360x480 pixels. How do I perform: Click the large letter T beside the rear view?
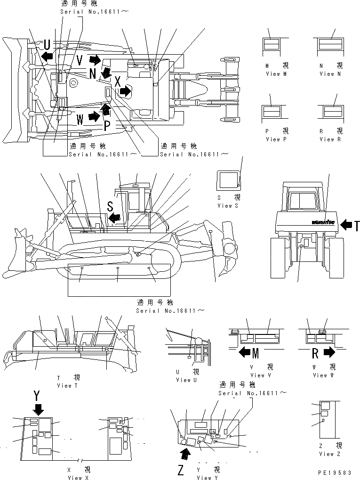(x=357, y=226)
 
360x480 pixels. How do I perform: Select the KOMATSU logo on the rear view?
(x=322, y=222)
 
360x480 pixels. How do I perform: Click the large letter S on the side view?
(x=110, y=206)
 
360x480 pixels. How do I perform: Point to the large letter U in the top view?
(x=47, y=45)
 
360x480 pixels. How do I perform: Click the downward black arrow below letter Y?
(x=38, y=408)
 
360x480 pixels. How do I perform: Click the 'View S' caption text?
(x=228, y=206)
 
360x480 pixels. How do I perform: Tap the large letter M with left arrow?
(x=256, y=352)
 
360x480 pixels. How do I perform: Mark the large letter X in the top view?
(x=118, y=81)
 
